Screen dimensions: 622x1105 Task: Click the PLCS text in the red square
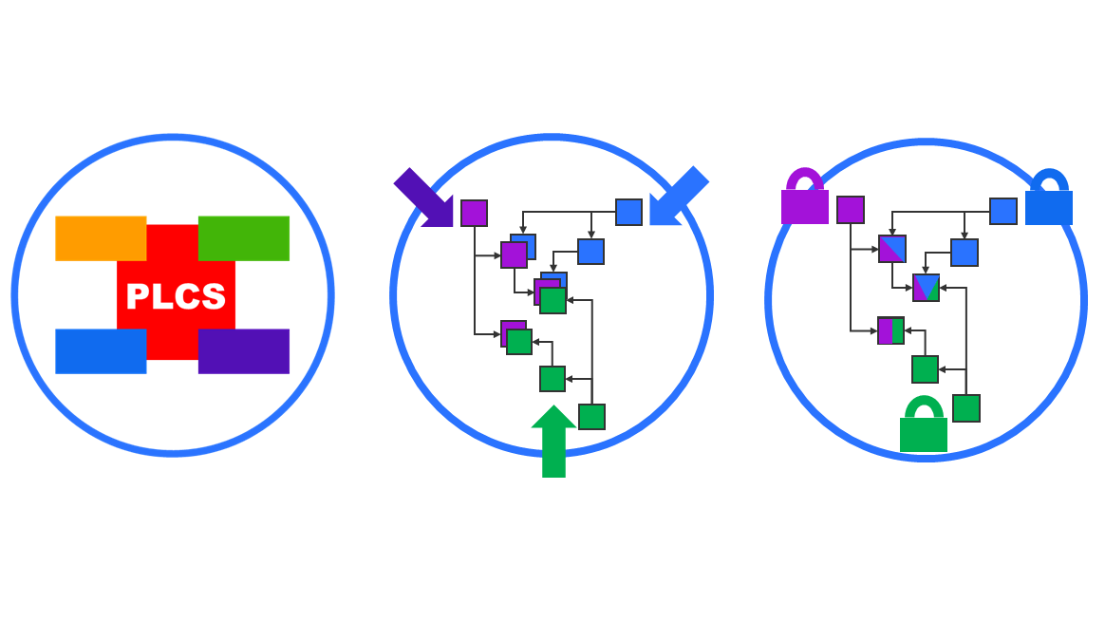pos(176,297)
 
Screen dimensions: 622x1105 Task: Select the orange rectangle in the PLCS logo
pos(100,237)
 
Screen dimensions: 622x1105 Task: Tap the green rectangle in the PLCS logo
pos(244,237)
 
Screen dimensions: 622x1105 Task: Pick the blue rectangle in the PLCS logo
pos(100,350)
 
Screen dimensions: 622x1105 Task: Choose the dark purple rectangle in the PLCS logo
pos(244,350)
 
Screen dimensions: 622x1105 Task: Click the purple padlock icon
pos(805,199)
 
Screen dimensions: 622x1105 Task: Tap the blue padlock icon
pos(1049,200)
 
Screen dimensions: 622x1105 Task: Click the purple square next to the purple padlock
pos(851,210)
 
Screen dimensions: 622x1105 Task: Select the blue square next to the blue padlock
pos(1003,211)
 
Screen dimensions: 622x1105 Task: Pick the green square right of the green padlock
pos(966,408)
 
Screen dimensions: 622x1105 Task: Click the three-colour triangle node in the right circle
pos(926,288)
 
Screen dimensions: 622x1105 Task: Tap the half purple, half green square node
pos(891,330)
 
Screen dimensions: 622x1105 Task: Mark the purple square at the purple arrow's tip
pos(474,213)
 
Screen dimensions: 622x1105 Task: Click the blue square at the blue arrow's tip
pos(628,212)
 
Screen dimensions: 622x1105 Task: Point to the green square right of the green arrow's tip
pos(591,417)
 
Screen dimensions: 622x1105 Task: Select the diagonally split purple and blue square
pos(892,249)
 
